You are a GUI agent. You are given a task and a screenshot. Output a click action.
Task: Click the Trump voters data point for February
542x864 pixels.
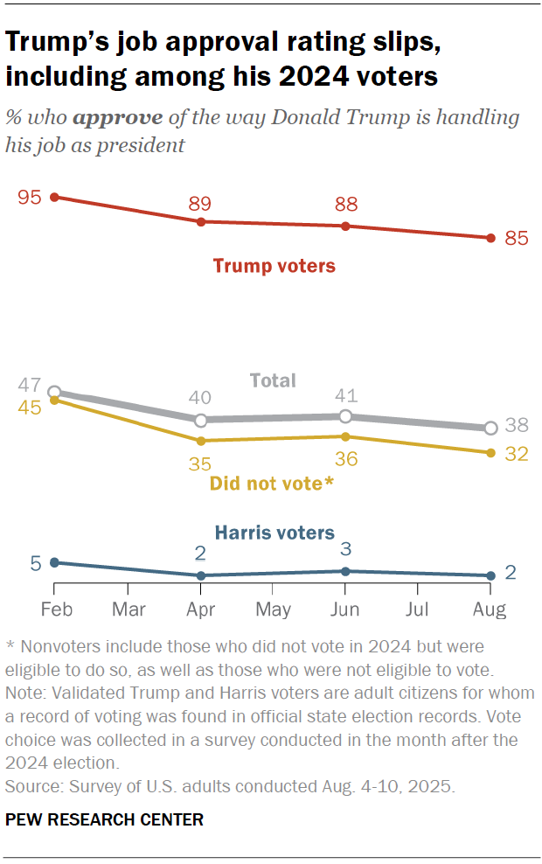(54, 198)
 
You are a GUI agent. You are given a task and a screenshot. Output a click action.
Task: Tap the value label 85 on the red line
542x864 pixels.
(517, 239)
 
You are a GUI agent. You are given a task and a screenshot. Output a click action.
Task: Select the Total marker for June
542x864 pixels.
(345, 416)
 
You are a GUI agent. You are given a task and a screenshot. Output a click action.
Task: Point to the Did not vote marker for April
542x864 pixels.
(200, 441)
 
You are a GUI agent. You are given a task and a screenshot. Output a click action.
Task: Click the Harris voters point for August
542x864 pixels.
(490, 575)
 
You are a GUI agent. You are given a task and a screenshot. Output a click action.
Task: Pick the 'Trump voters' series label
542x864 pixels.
(274, 266)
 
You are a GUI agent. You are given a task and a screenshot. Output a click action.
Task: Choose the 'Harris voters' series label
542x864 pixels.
(274, 532)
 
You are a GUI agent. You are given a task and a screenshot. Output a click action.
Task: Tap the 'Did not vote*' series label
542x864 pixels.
(272, 483)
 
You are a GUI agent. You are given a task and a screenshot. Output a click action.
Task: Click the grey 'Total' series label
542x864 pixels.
(273, 380)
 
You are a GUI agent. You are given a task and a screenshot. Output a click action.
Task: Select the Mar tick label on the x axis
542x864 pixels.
(129, 609)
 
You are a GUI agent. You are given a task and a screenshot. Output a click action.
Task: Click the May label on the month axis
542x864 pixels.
(274, 609)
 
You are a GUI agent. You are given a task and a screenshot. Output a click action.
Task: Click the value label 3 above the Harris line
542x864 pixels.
(346, 549)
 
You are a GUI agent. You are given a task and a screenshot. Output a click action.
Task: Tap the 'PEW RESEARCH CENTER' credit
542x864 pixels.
(104, 819)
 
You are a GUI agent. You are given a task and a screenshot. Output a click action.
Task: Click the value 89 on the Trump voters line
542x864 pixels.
(201, 205)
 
